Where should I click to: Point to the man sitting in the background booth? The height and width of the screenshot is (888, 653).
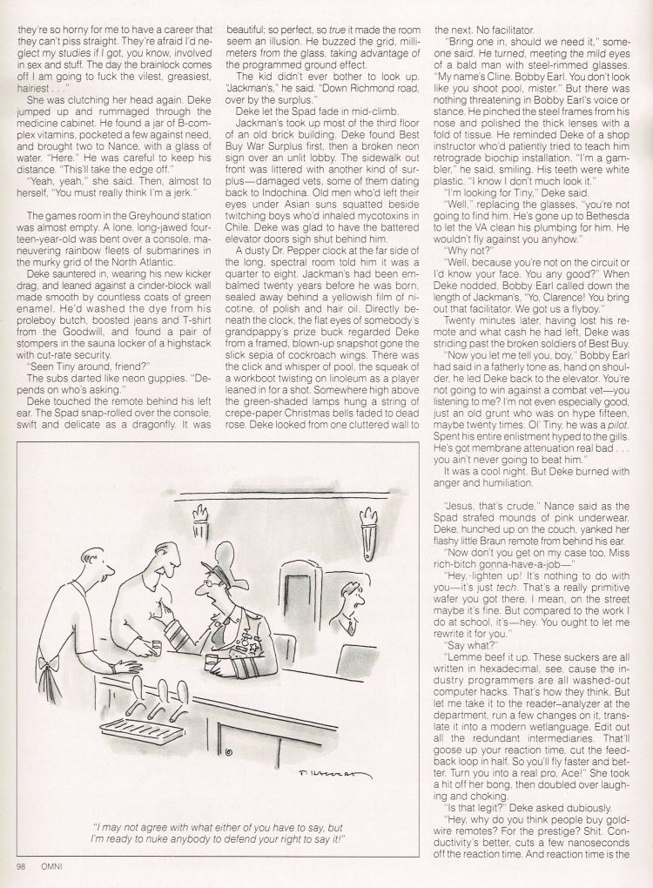[347, 605]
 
